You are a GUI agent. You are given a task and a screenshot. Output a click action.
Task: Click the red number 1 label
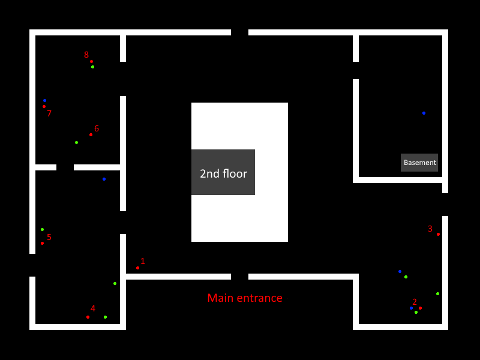(x=143, y=261)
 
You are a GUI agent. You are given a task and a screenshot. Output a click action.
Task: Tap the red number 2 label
(x=414, y=302)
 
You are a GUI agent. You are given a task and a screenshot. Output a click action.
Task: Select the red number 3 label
(x=430, y=229)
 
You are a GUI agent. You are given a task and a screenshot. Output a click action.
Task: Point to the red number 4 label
(x=93, y=308)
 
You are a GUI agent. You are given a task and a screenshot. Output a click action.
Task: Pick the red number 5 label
(x=49, y=237)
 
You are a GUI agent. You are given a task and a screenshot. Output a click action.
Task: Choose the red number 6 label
(x=97, y=128)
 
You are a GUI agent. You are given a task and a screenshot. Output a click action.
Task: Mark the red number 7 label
(x=49, y=113)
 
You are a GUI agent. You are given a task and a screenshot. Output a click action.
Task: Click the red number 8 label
(x=86, y=55)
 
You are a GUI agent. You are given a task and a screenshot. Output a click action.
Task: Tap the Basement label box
(x=419, y=163)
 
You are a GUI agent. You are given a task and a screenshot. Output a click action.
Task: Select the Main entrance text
(x=245, y=298)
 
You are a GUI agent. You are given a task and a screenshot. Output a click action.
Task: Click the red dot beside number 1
(x=137, y=268)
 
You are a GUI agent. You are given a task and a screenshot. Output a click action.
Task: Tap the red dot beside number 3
(x=438, y=234)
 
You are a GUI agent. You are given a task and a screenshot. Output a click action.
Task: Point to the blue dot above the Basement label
(x=424, y=113)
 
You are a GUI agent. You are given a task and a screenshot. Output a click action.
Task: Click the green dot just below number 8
(x=92, y=67)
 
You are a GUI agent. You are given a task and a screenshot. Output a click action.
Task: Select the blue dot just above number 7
(x=44, y=100)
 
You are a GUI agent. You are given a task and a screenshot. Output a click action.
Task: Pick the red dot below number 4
(x=88, y=317)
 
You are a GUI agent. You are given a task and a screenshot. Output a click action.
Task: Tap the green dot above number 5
(x=42, y=229)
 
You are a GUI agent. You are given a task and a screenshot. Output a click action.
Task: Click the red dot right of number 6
(x=91, y=134)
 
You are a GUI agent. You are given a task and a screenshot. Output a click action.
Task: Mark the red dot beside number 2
(x=420, y=308)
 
